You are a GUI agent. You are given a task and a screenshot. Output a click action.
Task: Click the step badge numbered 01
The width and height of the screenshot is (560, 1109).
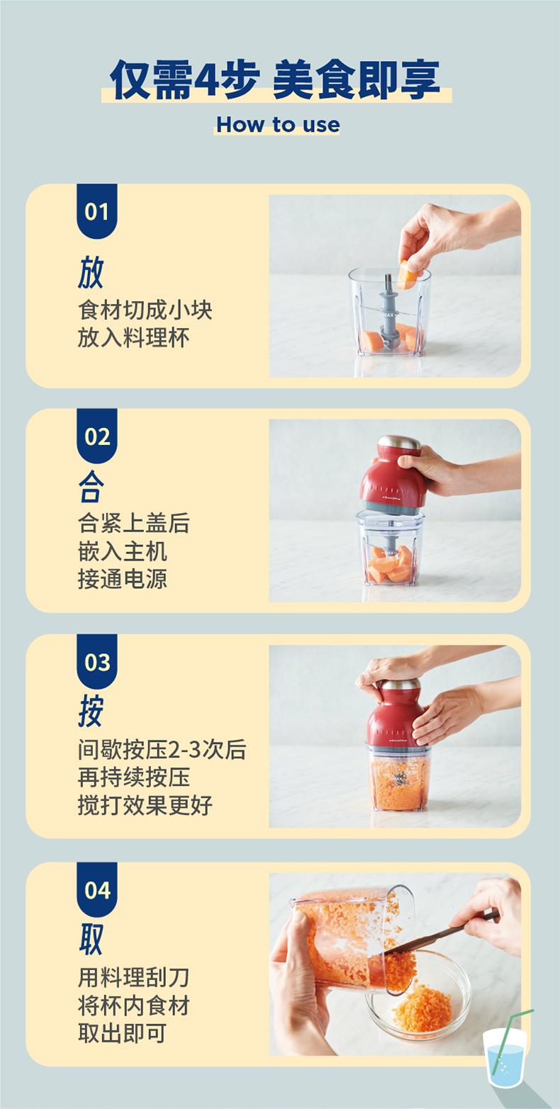96,211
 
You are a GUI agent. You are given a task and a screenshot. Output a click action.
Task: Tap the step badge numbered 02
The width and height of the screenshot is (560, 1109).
96,436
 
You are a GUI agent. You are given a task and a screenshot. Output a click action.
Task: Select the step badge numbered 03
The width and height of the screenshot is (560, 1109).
96,661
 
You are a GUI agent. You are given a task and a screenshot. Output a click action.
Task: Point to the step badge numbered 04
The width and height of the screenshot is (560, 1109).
96,889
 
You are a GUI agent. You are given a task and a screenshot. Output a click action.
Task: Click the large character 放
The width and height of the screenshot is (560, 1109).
91,272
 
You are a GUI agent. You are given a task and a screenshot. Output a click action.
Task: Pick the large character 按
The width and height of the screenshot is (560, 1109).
91,711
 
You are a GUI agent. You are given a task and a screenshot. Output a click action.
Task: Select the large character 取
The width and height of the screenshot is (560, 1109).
91,939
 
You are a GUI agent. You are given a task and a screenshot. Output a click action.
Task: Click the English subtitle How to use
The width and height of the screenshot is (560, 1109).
278,125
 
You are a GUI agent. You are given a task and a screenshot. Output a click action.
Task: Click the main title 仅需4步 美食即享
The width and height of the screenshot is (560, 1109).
275,79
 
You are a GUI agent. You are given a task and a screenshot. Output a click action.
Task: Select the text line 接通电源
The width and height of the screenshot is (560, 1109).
123,579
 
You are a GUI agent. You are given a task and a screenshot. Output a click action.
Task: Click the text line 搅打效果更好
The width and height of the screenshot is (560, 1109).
145,805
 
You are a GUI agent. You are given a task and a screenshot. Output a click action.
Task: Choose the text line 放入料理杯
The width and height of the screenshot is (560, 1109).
134,337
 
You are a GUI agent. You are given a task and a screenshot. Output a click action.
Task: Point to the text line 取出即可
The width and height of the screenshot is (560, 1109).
122,1033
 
